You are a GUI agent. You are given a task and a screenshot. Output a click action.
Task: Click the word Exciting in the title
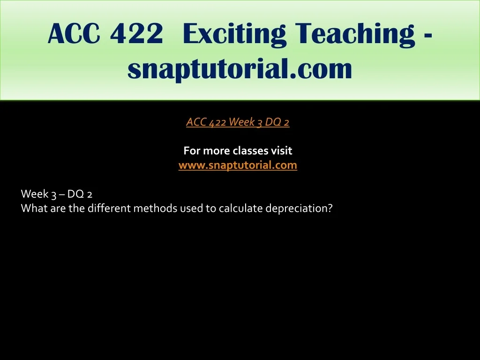[x=234, y=34]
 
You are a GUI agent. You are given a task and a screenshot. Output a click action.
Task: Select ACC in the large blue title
[x=74, y=33]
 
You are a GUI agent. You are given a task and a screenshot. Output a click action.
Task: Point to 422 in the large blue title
[x=136, y=33]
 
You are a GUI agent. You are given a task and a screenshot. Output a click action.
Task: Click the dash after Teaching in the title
[x=428, y=37]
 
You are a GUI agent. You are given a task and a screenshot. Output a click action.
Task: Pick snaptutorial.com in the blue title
[x=240, y=68]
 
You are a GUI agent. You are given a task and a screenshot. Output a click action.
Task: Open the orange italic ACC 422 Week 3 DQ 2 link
[x=238, y=122]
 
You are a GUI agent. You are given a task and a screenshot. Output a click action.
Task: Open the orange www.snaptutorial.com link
[x=238, y=165]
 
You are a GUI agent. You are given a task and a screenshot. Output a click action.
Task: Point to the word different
[x=109, y=208]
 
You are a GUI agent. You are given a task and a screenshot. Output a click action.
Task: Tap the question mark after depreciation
[x=330, y=208]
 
